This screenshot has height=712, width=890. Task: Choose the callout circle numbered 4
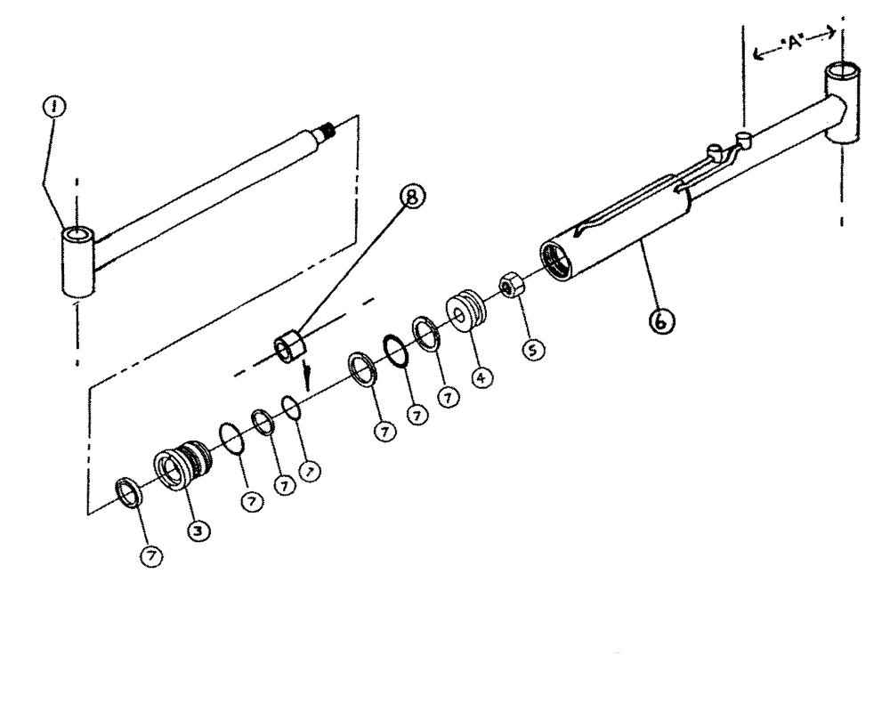481,377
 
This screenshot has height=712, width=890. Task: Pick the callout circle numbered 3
198,530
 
